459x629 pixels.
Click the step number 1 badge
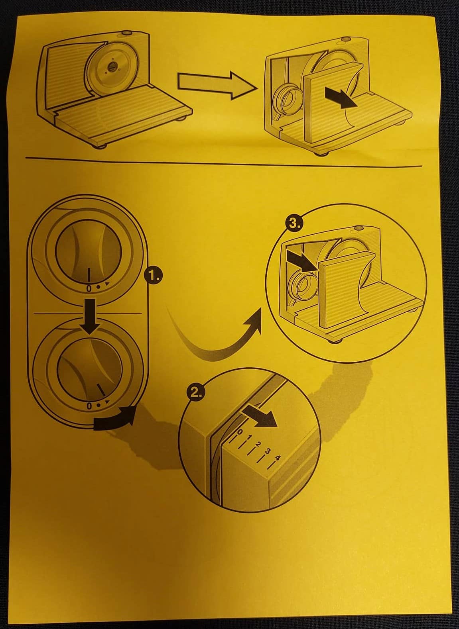[154, 276]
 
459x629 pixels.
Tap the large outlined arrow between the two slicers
[217, 85]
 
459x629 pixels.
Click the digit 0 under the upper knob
[89, 288]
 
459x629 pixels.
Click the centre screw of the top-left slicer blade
[112, 67]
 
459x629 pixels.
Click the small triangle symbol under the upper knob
[107, 285]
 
